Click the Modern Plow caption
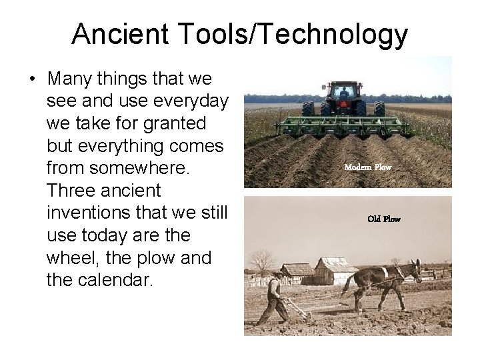pos(367,167)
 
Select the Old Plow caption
pos(383,219)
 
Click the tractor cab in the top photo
pos(343,91)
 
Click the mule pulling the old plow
pos(381,280)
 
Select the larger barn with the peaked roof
pos(337,270)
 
